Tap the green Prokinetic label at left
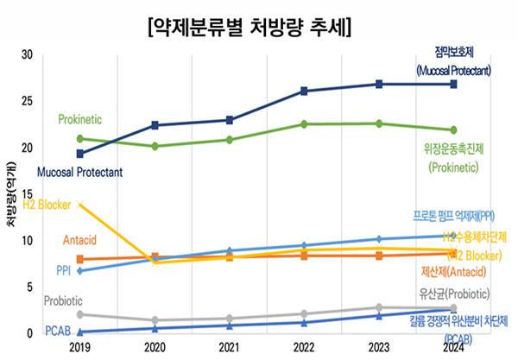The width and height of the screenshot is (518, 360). tap(82, 118)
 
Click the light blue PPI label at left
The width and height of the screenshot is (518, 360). tap(64, 271)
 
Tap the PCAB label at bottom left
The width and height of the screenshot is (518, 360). tap(57, 332)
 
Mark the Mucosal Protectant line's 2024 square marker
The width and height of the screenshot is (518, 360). tap(454, 84)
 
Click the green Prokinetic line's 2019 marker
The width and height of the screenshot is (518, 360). tap(80, 138)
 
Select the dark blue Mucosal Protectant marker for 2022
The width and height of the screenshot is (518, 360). tap(304, 91)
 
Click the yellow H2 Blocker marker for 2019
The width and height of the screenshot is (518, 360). tap(80, 205)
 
